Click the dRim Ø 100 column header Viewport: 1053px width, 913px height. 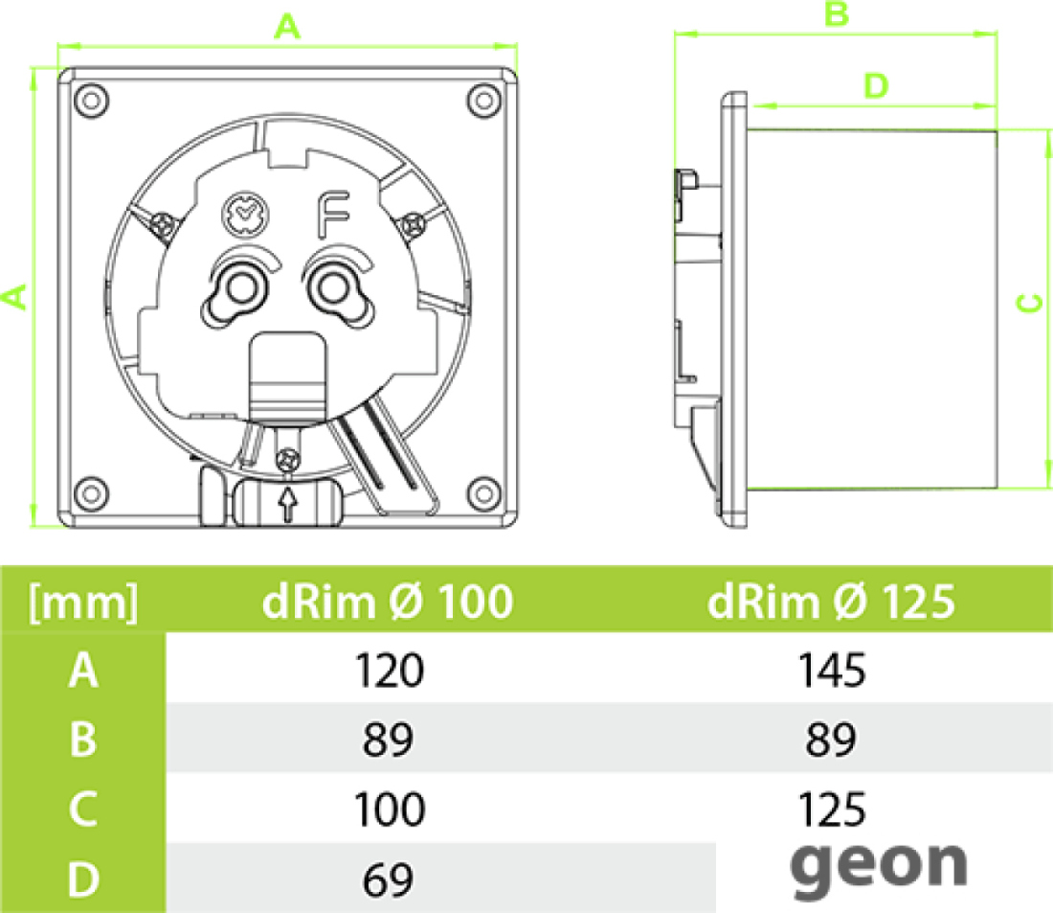click(388, 601)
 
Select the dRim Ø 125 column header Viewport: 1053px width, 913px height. click(831, 601)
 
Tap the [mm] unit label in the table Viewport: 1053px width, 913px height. click(83, 603)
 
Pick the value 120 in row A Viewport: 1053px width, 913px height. click(389, 671)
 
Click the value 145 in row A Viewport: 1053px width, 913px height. click(831, 671)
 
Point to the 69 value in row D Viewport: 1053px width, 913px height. click(388, 879)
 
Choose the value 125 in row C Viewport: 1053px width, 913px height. click(831, 809)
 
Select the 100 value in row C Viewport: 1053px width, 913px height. click(389, 809)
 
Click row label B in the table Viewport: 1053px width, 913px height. click(82, 740)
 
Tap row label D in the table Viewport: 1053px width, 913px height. click(83, 879)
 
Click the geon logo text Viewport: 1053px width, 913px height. click(879, 868)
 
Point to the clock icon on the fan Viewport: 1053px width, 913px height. click(244, 216)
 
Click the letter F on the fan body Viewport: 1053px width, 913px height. click(332, 216)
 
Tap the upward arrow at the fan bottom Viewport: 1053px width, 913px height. click(288, 504)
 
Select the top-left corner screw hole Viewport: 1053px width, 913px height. click(91, 101)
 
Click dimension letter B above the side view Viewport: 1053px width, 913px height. click(836, 13)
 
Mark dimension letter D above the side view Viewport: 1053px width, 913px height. click(876, 86)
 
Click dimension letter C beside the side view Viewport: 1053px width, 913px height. click(1029, 303)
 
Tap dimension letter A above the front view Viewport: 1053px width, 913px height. click(287, 27)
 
